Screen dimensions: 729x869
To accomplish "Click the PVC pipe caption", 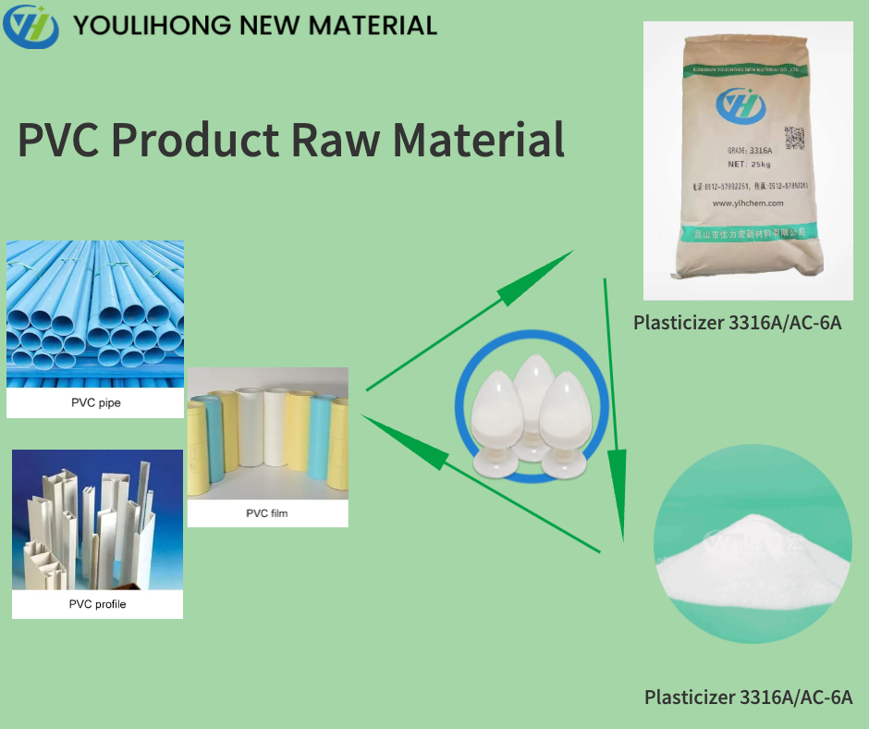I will click(x=95, y=402).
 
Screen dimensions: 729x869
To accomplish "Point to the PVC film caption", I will click(x=267, y=513).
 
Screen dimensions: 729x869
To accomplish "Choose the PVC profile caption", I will click(x=97, y=604).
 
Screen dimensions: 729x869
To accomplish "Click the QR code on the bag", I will click(x=795, y=140).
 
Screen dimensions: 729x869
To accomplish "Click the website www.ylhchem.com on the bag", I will click(x=748, y=204).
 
